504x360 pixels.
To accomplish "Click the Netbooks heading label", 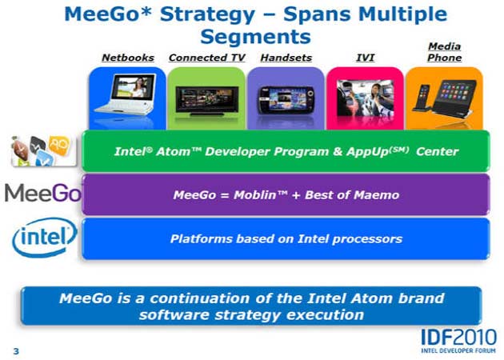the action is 128,58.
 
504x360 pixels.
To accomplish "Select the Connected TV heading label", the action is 206,58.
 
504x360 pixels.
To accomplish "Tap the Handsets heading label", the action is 286,58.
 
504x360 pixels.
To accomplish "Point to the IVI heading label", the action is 365,58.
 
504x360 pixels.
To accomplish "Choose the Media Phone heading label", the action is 445,52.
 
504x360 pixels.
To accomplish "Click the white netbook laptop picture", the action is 127,94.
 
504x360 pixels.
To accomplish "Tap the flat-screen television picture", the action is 207,101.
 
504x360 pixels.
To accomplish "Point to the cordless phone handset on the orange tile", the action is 422,98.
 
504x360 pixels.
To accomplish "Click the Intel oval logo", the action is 44,238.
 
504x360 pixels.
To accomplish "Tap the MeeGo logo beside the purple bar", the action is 42,193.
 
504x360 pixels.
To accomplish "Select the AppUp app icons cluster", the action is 44,151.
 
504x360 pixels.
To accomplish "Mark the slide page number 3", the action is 16,351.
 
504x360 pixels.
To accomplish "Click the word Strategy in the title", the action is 207,14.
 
